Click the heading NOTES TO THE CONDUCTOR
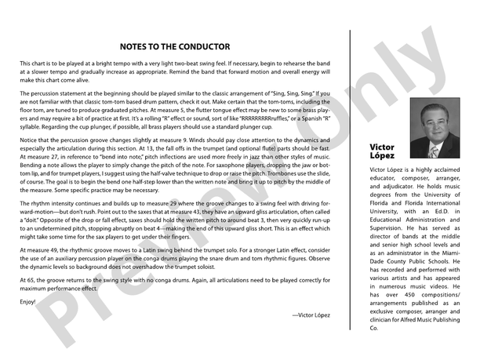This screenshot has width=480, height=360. click(175, 46)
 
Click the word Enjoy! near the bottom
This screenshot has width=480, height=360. click(27, 301)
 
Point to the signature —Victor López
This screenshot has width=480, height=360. click(311, 314)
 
